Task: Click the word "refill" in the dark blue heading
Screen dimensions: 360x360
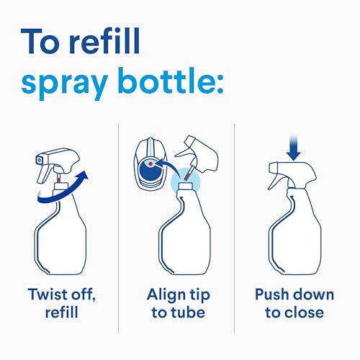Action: (104, 41)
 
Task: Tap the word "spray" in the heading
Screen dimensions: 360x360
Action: (65, 84)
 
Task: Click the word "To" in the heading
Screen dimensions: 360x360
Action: (40, 41)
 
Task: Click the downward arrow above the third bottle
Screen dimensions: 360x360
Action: (294, 148)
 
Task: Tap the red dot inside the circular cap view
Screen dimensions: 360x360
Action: (150, 163)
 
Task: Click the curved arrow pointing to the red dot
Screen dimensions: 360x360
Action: (168, 168)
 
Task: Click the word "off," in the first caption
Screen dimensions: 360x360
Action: (82, 294)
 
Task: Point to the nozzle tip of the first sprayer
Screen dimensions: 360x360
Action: (39, 160)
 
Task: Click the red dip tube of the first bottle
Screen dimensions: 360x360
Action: (58, 179)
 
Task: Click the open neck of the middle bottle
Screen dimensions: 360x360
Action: (185, 185)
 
